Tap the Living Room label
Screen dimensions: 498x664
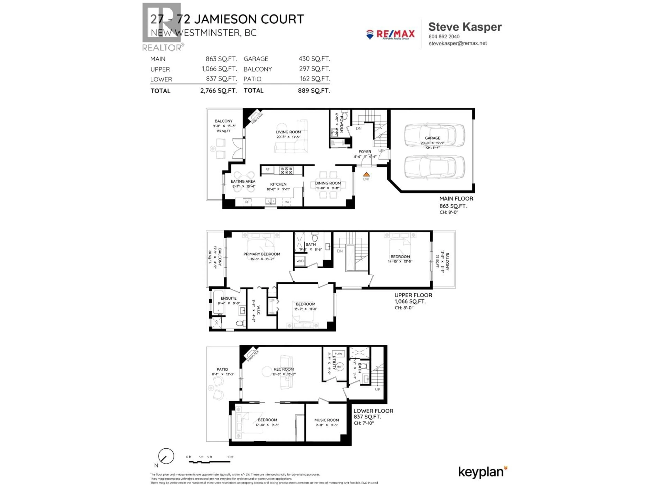(288, 132)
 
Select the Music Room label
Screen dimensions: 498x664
(327, 420)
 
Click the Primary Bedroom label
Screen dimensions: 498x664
(262, 254)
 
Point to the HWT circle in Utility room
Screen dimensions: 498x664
(339, 367)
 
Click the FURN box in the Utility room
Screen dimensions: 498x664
(338, 354)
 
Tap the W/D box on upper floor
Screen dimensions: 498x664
(300, 261)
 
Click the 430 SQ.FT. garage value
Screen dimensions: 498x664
(314, 59)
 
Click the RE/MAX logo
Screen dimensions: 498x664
(390, 35)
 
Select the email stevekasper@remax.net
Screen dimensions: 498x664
(458, 43)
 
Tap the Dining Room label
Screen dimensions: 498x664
(328, 183)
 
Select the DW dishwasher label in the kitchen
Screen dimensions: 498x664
(287, 202)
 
